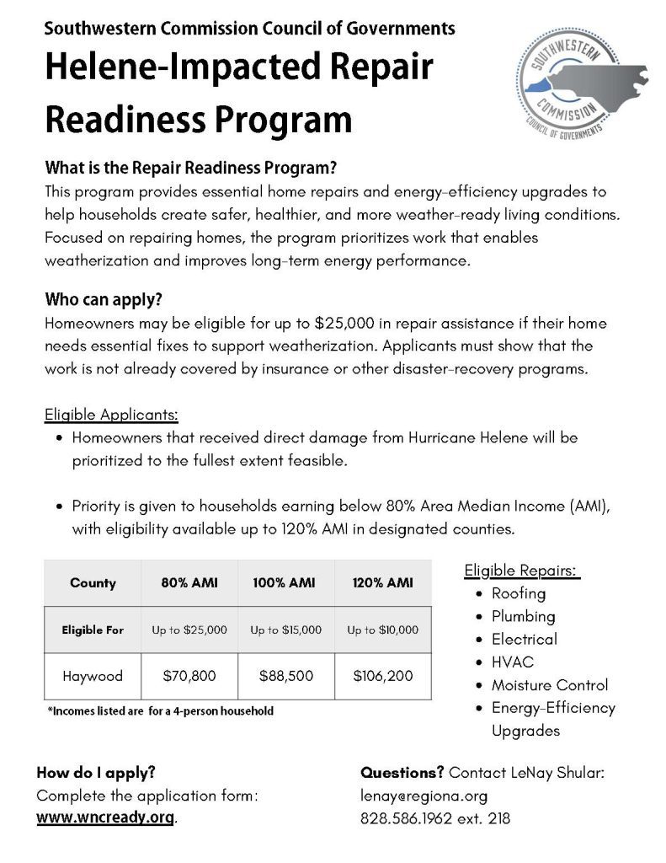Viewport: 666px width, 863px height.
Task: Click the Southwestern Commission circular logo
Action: coord(563,94)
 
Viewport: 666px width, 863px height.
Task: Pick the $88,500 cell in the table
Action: coord(286,675)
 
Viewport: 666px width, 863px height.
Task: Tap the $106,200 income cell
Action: coord(383,675)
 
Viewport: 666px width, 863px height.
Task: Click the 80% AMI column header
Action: coord(189,582)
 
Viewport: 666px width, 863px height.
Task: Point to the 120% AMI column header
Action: coord(383,582)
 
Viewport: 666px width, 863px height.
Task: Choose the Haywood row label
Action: coord(93,675)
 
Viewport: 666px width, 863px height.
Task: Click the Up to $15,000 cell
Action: coord(286,630)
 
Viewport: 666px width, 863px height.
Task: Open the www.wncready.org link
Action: coord(106,817)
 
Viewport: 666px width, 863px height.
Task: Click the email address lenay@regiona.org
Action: coord(424,795)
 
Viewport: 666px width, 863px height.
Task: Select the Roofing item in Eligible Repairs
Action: coord(519,593)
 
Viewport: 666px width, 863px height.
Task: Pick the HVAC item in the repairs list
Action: coord(512,662)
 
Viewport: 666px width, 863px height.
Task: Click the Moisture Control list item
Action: coord(549,684)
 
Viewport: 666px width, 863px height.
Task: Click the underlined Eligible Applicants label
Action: coord(111,415)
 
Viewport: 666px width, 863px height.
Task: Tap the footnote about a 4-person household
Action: coord(160,711)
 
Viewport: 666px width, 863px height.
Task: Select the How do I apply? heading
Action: coord(96,772)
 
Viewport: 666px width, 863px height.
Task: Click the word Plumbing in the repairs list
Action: coord(523,616)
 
